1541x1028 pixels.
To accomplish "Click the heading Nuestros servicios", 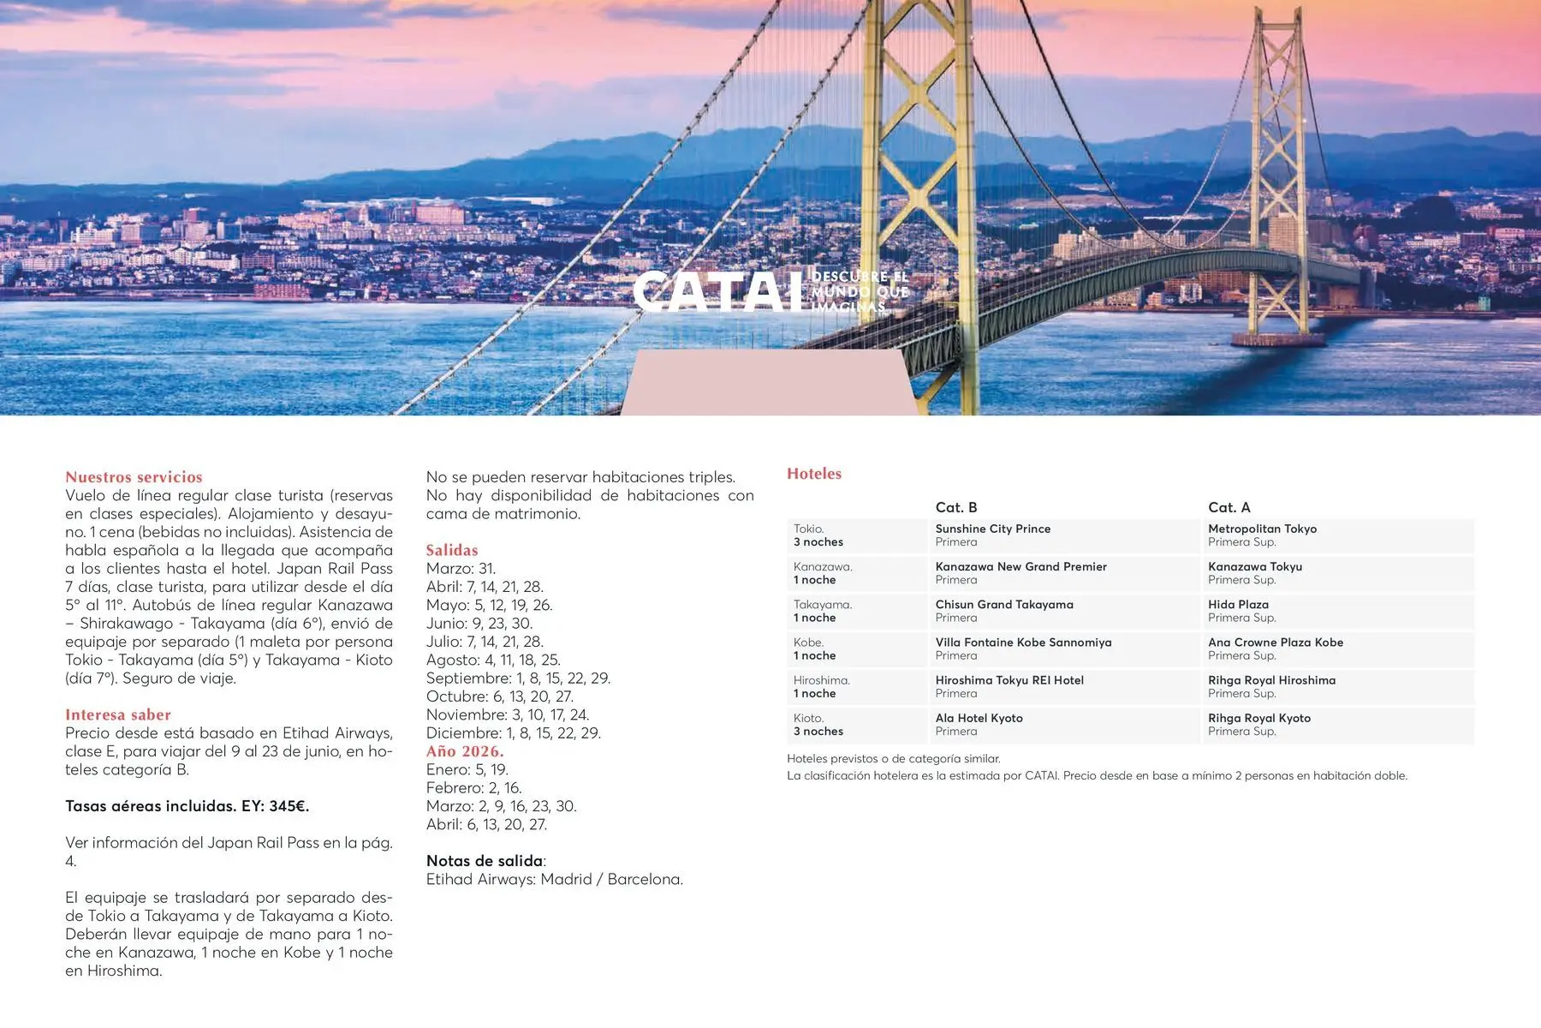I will tap(134, 477).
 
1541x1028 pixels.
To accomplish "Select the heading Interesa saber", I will tap(118, 714).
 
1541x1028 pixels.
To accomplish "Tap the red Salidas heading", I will tap(452, 550).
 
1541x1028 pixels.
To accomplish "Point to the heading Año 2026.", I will tap(465, 751).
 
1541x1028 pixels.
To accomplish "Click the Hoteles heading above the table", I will tap(814, 474).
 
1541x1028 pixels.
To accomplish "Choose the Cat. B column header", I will tap(956, 507).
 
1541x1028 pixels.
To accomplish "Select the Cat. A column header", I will tap(1229, 507).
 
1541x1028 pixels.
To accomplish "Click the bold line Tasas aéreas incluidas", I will tap(187, 806).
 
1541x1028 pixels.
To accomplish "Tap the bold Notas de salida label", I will tap(485, 861).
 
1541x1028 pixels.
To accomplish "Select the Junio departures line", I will tap(479, 624).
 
